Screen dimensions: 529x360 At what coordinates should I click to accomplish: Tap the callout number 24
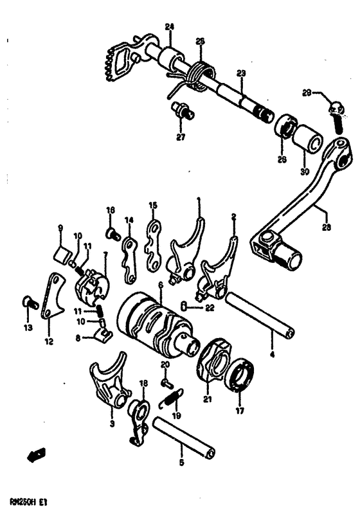point(170,26)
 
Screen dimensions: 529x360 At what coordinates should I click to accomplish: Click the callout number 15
point(152,206)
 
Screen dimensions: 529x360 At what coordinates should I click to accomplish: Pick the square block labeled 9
point(61,251)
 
